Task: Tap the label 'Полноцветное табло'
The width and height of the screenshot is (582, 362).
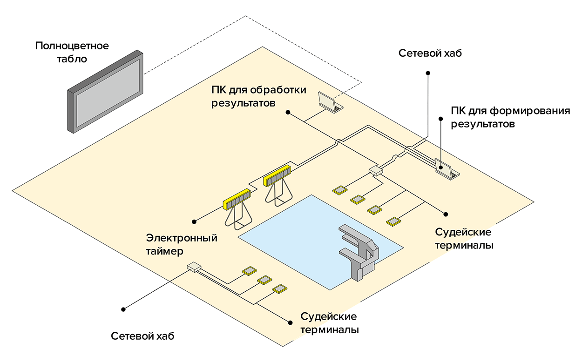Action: click(x=72, y=53)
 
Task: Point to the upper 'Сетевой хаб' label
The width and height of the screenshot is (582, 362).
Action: click(x=430, y=53)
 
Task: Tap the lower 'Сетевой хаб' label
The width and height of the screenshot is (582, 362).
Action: click(x=142, y=336)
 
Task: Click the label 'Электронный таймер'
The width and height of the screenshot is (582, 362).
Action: click(x=182, y=244)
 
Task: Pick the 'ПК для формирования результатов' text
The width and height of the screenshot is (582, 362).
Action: click(x=510, y=118)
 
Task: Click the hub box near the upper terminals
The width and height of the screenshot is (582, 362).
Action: click(x=375, y=171)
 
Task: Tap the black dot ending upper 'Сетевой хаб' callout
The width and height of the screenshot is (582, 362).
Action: click(x=428, y=73)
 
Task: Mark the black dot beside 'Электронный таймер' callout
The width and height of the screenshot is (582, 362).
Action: click(x=195, y=221)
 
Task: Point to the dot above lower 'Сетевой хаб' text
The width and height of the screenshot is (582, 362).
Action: click(x=124, y=308)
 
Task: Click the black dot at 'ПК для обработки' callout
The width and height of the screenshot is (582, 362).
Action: click(x=288, y=112)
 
